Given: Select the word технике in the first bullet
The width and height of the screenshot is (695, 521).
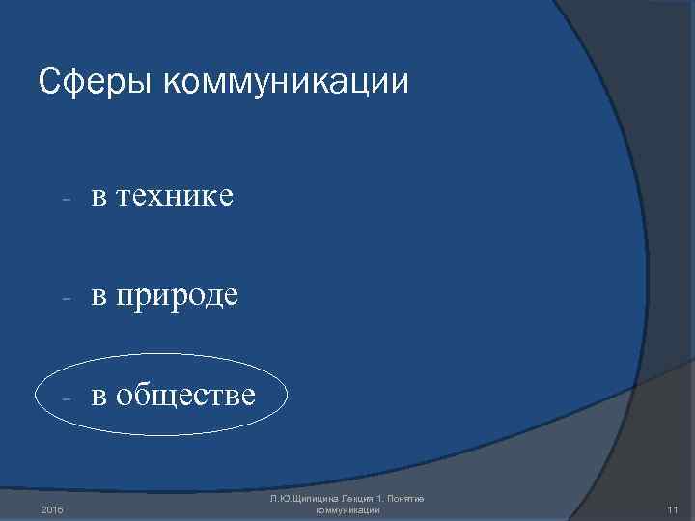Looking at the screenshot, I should tap(177, 196).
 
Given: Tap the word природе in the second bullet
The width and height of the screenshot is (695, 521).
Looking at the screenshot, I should tap(180, 296).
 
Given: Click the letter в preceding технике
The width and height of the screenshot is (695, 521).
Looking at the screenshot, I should tap(98, 198).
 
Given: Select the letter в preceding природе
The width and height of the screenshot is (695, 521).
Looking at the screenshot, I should tap(98, 296).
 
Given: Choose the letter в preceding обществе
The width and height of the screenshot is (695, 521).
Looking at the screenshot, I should tap(98, 396).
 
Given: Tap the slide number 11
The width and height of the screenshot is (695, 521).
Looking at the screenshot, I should tap(674, 507).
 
